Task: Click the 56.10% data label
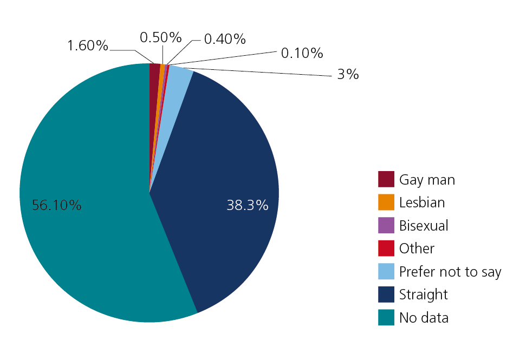click(57, 205)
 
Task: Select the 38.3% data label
click(248, 205)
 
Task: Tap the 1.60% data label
click(88, 45)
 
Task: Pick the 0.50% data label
click(160, 37)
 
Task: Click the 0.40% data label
click(225, 39)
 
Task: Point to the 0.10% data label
click(302, 53)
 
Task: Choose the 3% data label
click(348, 75)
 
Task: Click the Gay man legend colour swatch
click(386, 179)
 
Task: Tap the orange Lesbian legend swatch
click(386, 202)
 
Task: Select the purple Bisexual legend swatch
click(386, 225)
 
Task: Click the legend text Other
click(417, 248)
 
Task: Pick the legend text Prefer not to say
click(450, 272)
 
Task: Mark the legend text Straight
click(424, 294)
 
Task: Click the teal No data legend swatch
click(386, 318)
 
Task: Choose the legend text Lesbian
click(422, 202)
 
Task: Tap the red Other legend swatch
click(386, 248)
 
